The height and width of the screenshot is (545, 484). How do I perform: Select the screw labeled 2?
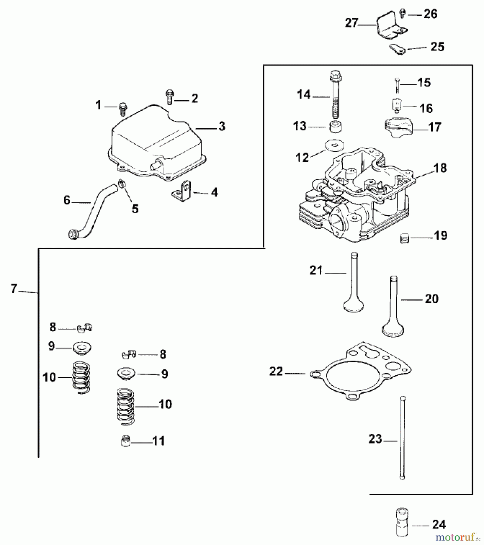pos(169,97)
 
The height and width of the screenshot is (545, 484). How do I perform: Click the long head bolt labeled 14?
pos(335,94)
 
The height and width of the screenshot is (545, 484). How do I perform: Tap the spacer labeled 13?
pos(335,126)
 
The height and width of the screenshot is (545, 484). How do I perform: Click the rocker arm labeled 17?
pos(397,128)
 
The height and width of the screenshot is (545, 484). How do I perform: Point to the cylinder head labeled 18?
pos(355,197)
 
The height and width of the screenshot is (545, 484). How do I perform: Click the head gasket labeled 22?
pos(361,372)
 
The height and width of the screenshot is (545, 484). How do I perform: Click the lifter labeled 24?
pos(402,525)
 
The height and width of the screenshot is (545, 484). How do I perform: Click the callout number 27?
pos(352,23)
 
